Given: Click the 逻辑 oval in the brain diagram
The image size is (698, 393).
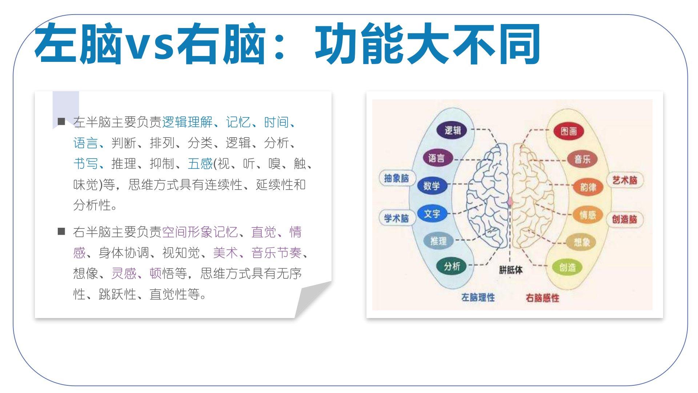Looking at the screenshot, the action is tap(452, 130).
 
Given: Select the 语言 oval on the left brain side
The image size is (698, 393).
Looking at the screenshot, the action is tap(436, 158).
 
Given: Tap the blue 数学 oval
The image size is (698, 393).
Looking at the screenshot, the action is tap(432, 186).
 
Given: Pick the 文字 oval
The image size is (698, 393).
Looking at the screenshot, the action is tap(432, 214).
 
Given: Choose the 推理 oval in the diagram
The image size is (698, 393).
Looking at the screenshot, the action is tap(438, 241).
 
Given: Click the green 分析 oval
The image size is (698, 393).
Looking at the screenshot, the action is tap(452, 266).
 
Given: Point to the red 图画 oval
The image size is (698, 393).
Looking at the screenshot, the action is tap(569, 131).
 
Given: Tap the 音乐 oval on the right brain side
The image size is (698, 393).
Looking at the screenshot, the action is tap(582, 159).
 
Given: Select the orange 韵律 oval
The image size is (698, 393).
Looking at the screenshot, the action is tap(588, 187).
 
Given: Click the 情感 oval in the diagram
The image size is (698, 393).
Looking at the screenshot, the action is tap(587, 215).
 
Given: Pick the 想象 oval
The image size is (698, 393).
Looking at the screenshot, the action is tap(581, 242).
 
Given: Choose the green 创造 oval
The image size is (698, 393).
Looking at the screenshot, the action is tap(567, 268).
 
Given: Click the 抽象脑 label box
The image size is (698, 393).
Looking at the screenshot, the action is tap(397, 178).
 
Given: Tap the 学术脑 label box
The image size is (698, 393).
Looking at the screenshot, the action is tap(397, 218).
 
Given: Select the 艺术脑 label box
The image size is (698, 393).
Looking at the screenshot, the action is tap(625, 180).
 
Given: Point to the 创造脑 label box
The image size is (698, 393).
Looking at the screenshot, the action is tap(625, 219).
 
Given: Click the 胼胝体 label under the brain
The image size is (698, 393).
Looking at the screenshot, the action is tap(511, 270).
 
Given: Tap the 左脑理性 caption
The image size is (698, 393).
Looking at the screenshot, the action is tap(478, 297).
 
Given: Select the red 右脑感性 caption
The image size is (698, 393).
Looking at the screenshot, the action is tap(542, 298).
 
